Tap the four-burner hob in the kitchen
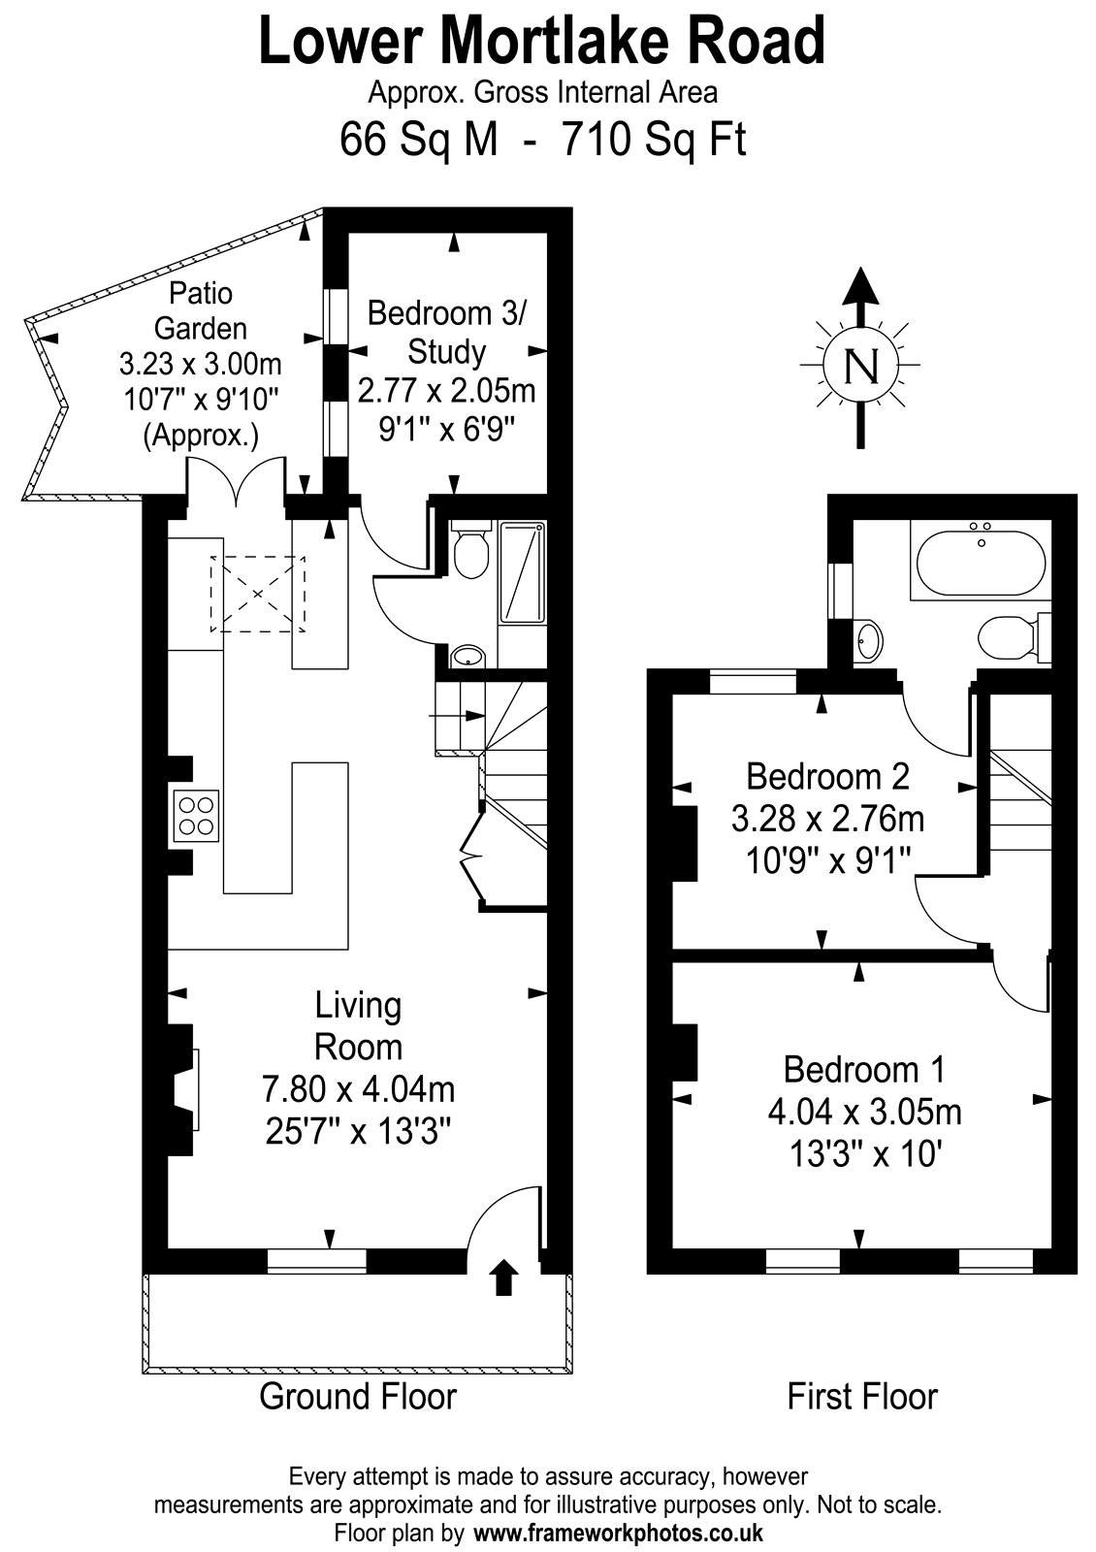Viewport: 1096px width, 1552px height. pos(196,816)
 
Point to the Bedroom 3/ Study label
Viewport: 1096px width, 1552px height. pos(446,333)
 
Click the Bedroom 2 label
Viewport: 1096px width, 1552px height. pos(827,776)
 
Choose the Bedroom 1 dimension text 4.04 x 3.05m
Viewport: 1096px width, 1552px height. pos(864,1113)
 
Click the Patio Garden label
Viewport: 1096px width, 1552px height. pos(201,310)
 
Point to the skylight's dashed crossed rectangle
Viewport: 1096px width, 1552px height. pos(258,594)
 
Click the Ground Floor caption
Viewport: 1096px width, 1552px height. pos(358,1396)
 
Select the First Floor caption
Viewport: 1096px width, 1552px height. pos(862,1396)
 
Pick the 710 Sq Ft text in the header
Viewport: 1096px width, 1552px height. pos(654,139)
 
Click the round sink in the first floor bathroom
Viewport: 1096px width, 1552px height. pos(867,639)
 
